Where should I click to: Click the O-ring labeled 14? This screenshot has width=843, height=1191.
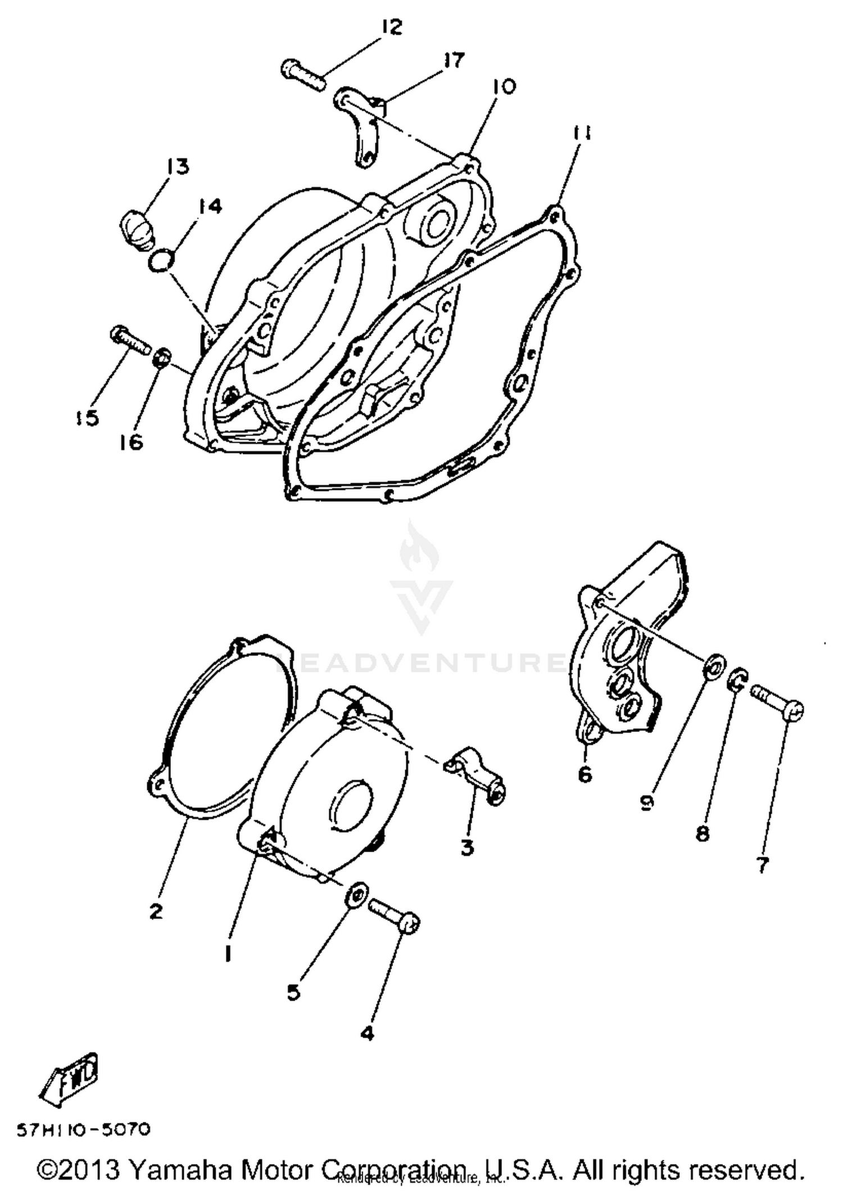pyautogui.click(x=162, y=261)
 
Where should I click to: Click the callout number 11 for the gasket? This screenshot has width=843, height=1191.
pyautogui.click(x=582, y=133)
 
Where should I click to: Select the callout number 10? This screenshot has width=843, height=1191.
pyautogui.click(x=504, y=88)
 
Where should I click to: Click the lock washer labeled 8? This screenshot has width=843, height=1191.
pyautogui.click(x=739, y=680)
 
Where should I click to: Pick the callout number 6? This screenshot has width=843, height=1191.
pyautogui.click(x=584, y=775)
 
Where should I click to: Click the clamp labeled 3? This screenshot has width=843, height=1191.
pyautogui.click(x=478, y=778)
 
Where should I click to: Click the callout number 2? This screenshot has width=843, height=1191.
pyautogui.click(x=156, y=911)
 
